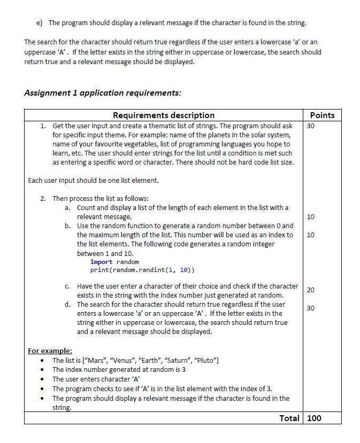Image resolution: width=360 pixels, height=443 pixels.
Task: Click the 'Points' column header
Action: pos(322,115)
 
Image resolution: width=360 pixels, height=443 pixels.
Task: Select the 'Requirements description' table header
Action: pos(164,115)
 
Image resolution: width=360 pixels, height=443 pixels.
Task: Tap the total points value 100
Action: pos(315,418)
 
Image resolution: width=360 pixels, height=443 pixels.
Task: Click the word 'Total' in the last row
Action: pos(289,418)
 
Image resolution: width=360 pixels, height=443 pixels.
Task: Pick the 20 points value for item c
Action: pos(311,290)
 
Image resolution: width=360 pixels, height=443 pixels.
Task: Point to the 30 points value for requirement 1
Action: pos(311,126)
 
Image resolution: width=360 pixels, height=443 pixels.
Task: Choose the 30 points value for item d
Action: pos(311,308)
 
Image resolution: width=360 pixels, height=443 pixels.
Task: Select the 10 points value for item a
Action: pos(311,216)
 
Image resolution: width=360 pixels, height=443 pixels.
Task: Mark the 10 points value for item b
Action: pos(311,235)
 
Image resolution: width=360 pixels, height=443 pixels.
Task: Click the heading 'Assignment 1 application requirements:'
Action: pos(103,92)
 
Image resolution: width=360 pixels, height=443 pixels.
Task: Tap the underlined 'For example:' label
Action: pos(50,351)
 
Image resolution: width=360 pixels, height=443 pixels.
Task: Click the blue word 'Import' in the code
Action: pos(101,262)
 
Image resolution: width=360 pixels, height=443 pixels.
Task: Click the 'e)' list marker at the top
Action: pos(39,22)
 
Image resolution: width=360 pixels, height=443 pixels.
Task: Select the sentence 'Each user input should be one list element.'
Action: pos(93,180)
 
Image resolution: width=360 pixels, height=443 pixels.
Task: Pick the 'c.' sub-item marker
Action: pos(68,286)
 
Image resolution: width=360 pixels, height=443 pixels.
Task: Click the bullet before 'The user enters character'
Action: pos(42,379)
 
